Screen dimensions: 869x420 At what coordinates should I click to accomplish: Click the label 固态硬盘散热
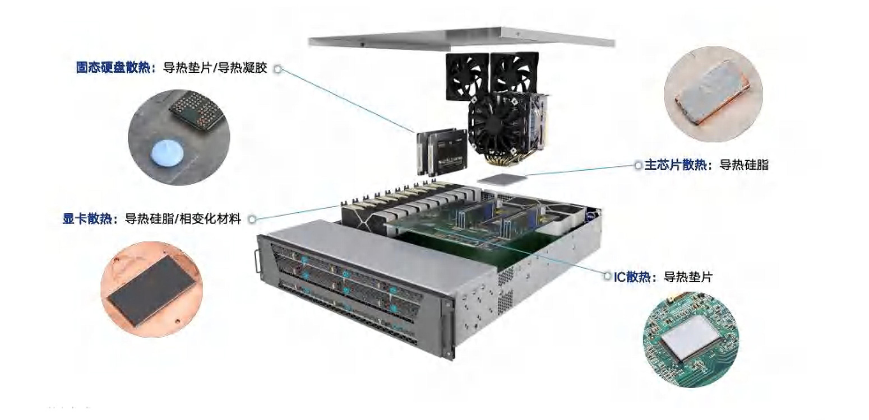[x=113, y=67]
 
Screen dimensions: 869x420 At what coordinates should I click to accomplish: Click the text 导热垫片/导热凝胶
[x=215, y=68]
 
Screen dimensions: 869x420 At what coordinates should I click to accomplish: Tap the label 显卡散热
[x=87, y=218]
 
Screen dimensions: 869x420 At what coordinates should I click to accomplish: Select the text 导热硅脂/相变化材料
[x=183, y=219]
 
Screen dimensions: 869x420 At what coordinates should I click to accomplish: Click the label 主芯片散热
[x=676, y=165]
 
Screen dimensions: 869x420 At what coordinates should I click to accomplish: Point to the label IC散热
[x=632, y=277]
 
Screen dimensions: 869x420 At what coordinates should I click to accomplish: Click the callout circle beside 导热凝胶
[x=278, y=69]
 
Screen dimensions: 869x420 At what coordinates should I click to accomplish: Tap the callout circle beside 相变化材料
[x=252, y=220]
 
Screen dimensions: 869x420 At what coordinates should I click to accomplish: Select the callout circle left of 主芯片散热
[x=638, y=165]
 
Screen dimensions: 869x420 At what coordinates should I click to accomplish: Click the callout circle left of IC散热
[x=607, y=276]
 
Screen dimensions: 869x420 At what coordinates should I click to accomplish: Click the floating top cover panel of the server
[x=461, y=39]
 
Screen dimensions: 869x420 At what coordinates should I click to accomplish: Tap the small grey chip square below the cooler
[x=502, y=179]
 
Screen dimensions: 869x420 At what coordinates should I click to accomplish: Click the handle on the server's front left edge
[x=257, y=262]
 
